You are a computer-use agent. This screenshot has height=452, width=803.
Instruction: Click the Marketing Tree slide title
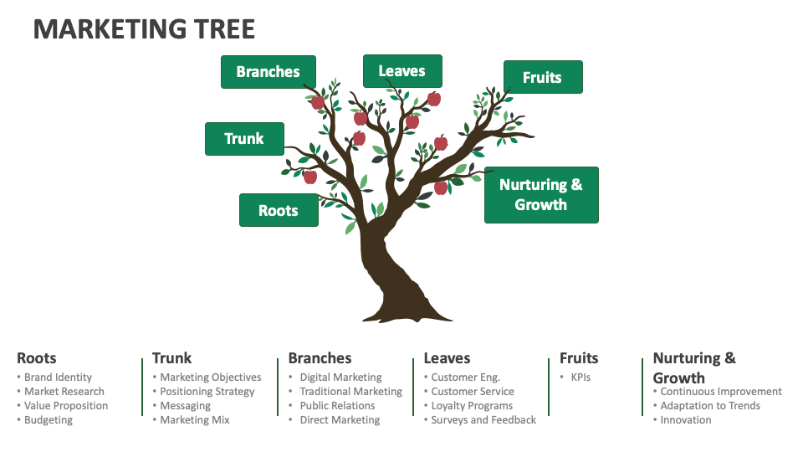click(x=144, y=28)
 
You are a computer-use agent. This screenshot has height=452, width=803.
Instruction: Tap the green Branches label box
click(x=268, y=72)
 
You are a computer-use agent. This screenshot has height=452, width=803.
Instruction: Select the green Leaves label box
click(x=401, y=71)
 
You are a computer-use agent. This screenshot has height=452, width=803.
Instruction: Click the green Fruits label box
click(x=542, y=77)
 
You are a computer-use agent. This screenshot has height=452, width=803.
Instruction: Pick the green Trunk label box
click(x=244, y=139)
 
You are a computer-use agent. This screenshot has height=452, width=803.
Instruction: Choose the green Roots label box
click(x=279, y=210)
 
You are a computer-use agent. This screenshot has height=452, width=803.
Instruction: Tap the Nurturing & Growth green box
click(x=541, y=195)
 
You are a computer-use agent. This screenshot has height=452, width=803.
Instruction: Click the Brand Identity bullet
click(x=58, y=378)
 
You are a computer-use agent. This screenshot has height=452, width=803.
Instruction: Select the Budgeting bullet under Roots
click(x=49, y=420)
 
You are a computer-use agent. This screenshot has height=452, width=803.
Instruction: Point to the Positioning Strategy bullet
click(x=207, y=392)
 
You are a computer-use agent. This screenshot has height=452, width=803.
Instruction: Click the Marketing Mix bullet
click(x=194, y=420)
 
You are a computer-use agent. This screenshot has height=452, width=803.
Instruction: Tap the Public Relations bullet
click(x=337, y=406)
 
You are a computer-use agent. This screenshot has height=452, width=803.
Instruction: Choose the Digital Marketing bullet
click(x=340, y=378)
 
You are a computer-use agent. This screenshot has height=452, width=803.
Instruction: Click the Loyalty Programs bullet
click(x=472, y=406)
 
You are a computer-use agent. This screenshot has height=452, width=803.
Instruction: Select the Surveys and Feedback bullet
click(x=483, y=420)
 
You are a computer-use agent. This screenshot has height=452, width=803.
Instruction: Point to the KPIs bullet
click(x=581, y=378)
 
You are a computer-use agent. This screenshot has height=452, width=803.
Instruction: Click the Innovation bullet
click(x=685, y=420)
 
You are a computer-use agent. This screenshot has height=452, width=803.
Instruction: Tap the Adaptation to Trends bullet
click(x=710, y=406)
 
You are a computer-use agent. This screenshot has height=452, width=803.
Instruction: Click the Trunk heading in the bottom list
click(x=172, y=358)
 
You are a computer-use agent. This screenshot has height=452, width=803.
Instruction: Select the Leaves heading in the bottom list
click(x=448, y=358)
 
